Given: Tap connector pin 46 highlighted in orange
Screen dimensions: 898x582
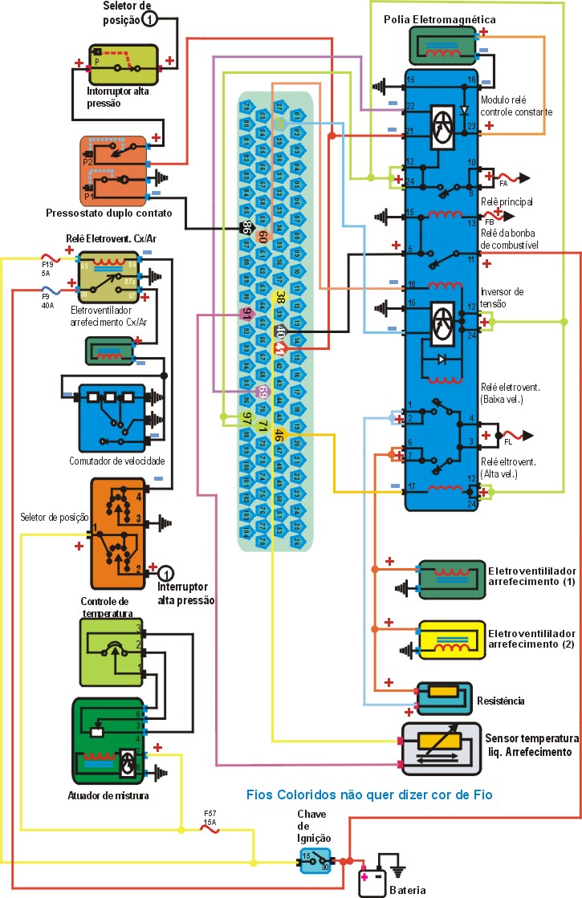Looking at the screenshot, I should pos(279,436).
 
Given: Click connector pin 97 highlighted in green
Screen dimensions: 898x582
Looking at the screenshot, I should pos(247,417).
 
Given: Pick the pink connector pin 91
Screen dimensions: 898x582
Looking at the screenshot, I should pos(247,314).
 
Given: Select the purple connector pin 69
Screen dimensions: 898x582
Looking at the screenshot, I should pos(263,392).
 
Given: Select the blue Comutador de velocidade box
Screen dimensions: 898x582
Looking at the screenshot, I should pos(105,416).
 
